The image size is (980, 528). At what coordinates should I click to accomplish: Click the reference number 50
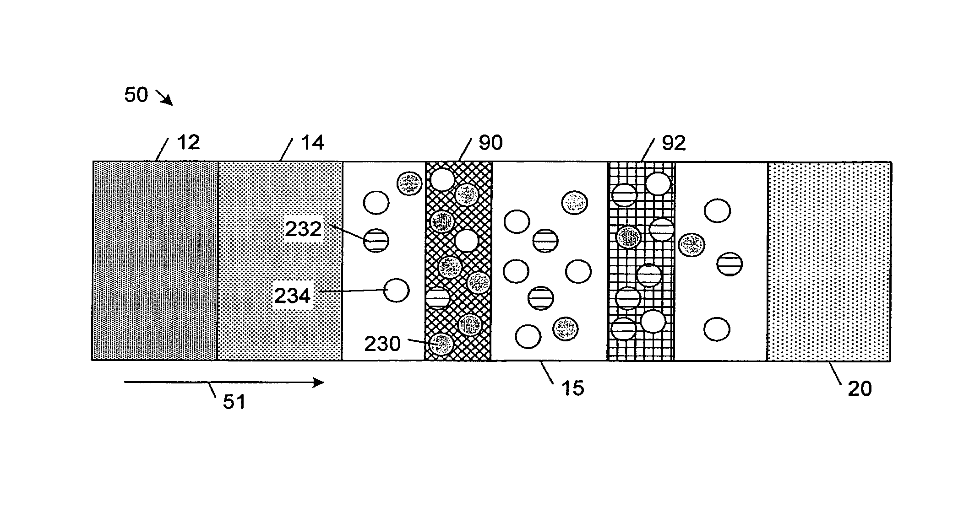pos(136,95)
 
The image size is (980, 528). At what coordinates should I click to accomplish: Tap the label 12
pos(188,143)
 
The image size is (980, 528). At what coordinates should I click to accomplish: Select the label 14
pos(312,143)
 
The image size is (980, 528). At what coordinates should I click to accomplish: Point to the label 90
pos(490,143)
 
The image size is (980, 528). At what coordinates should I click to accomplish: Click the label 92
pos(674,143)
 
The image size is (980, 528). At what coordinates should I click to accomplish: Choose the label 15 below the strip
pos(572,388)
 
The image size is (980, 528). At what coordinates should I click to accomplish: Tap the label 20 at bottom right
pos(860,388)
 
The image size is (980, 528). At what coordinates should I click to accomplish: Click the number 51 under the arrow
pos(234,402)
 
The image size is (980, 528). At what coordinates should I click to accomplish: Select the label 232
pos(303,229)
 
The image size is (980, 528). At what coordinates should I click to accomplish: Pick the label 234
pos(292,296)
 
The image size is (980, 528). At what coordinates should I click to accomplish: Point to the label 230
pos(382,344)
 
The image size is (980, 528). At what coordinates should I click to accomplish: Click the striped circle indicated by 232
pos(376,240)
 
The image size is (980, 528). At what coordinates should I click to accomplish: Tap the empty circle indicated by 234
pos(396,290)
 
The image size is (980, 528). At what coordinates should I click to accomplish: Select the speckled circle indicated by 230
pos(441,345)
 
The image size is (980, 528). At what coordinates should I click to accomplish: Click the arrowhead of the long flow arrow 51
pos(319,383)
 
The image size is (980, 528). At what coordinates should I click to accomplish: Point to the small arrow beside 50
pos(164,98)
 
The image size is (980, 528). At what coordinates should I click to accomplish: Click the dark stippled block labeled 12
pos(155,261)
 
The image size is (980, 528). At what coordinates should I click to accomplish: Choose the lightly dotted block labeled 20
pos(829,261)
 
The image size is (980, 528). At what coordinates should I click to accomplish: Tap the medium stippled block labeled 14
pos(280,261)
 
